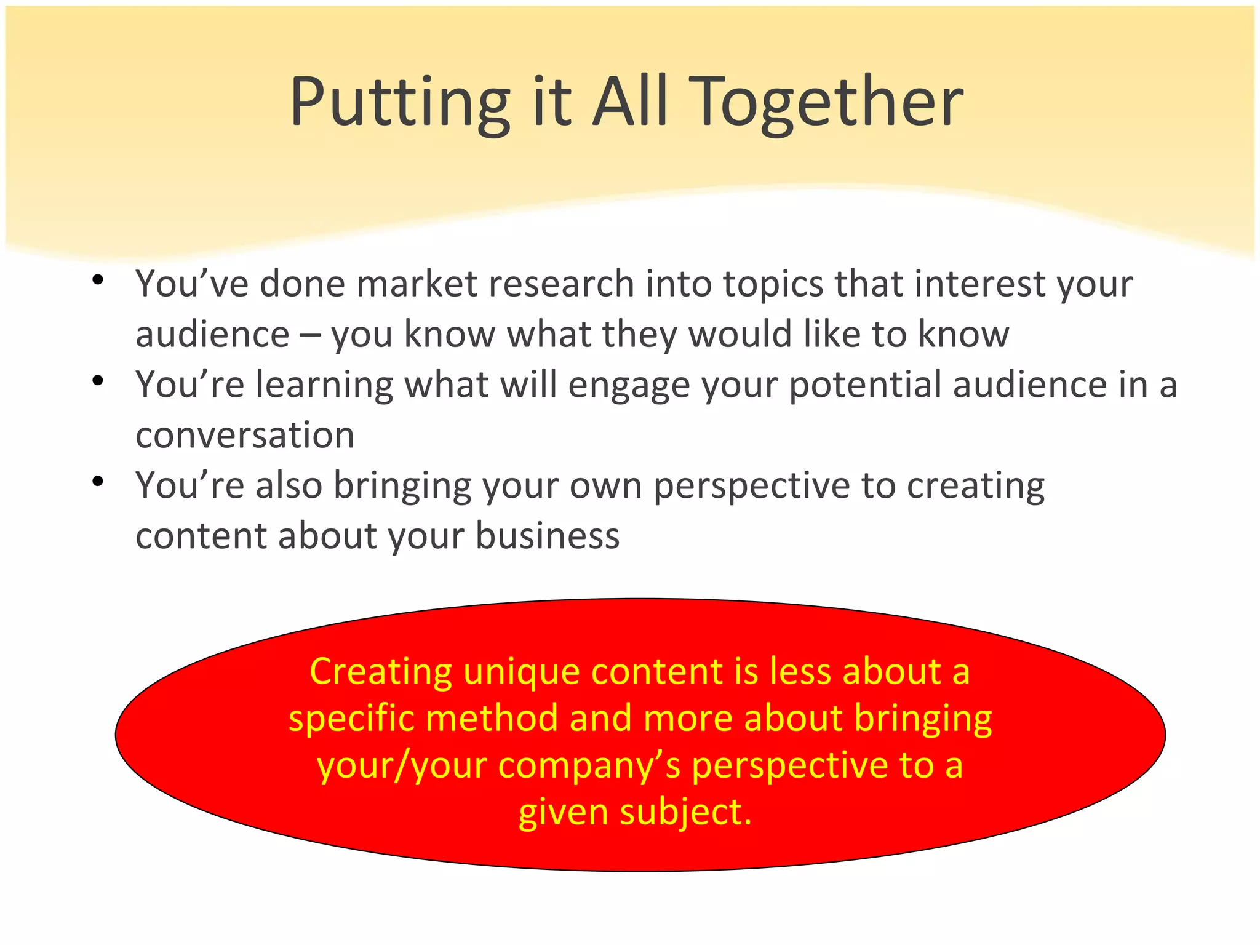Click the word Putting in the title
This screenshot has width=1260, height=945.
[x=400, y=102]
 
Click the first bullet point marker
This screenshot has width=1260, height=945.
[x=97, y=281]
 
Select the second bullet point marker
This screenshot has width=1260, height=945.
[x=97, y=381]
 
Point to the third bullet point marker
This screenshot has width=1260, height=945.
[x=97, y=482]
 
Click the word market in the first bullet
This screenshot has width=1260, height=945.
[x=417, y=284]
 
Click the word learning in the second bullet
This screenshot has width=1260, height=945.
[x=324, y=386]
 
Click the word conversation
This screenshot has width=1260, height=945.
[x=245, y=436]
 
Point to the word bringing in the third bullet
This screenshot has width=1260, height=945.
[x=402, y=487]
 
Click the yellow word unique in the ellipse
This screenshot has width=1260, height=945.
[x=521, y=672]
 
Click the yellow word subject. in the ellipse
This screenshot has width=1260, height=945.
[x=685, y=813]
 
